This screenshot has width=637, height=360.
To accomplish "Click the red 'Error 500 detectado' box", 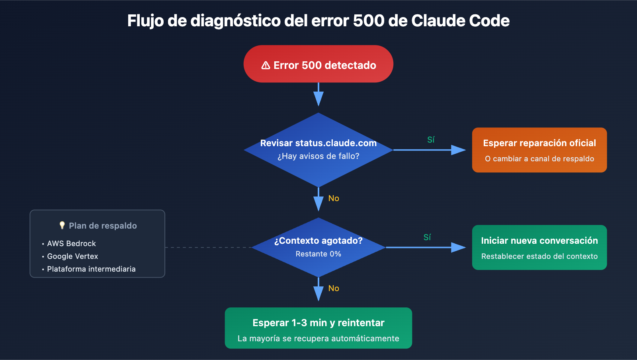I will [318, 64].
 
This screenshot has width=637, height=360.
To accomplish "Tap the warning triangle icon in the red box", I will [266, 65].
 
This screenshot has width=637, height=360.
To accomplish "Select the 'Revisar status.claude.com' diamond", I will [318, 149].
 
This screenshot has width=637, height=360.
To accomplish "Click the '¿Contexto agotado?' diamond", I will [318, 247].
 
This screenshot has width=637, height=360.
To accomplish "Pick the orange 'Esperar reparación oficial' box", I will [539, 150].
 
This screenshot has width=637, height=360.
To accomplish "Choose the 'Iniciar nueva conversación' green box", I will [539, 247].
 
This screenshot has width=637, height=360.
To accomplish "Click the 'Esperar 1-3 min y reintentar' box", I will [318, 328].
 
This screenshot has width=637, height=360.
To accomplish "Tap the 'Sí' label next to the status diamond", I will [431, 140].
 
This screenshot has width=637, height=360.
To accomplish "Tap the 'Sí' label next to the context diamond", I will [427, 237].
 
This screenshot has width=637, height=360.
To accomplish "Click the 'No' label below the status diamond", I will [334, 198].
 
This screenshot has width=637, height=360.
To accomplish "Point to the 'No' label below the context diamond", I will [334, 288].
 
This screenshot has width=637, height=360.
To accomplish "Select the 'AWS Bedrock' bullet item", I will [71, 243].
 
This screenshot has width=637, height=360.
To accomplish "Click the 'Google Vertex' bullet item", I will [72, 256].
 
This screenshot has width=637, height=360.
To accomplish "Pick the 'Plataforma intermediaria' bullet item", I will [91, 269].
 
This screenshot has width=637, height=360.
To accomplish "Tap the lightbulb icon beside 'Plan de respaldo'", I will [62, 225].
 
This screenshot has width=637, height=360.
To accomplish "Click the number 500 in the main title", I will [369, 21].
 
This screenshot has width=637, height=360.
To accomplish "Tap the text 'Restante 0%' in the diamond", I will [318, 254].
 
